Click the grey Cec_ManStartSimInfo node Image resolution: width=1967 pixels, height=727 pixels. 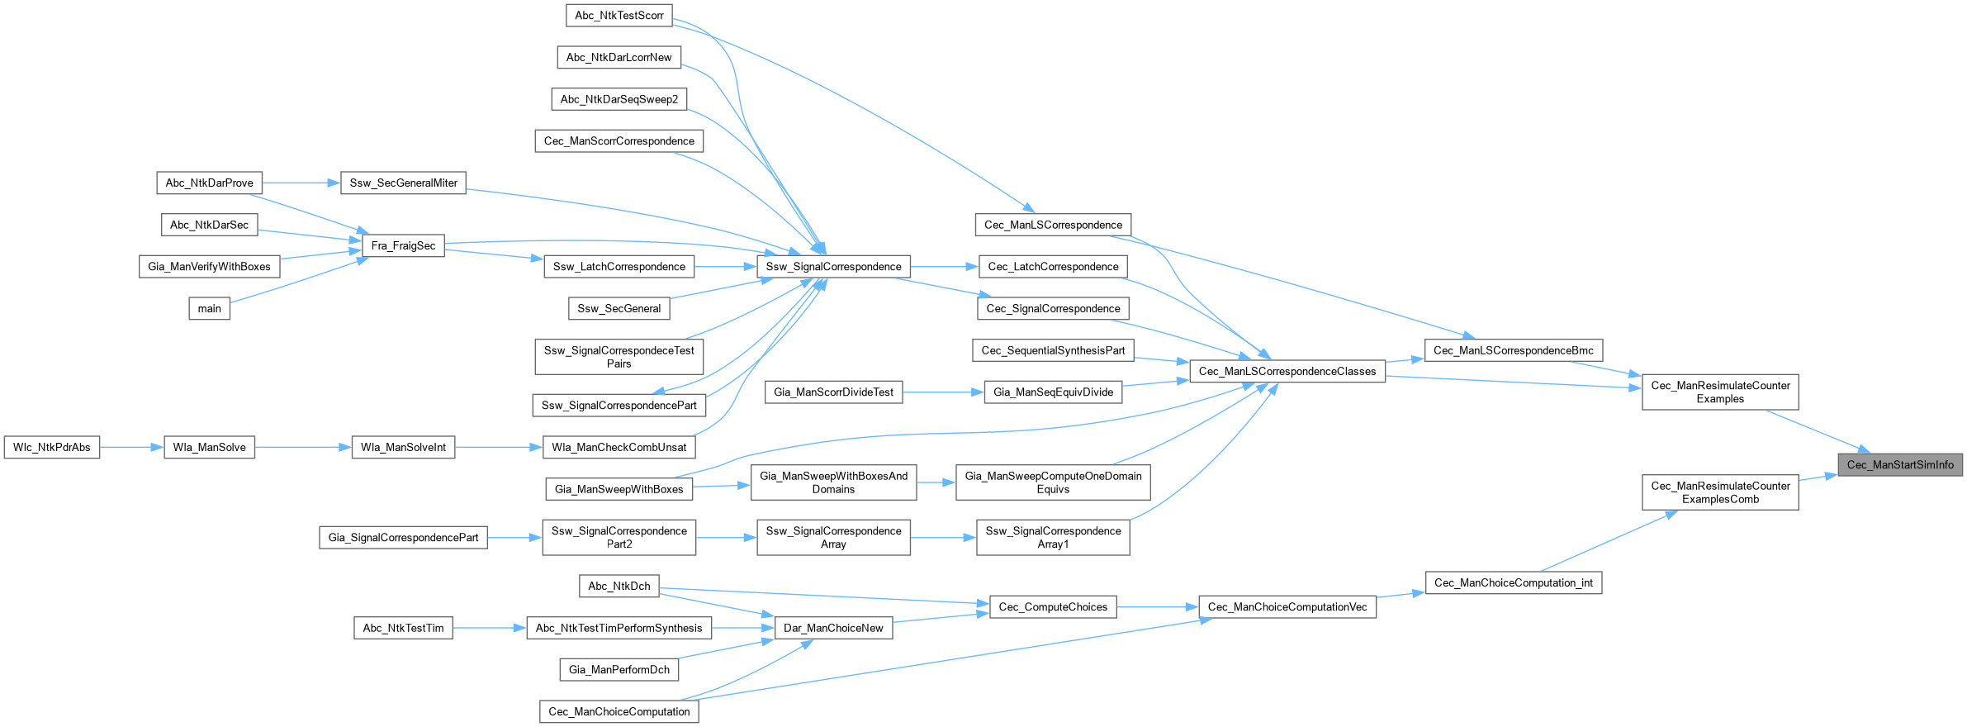[1900, 465]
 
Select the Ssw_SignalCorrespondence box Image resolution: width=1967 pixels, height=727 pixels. [833, 267]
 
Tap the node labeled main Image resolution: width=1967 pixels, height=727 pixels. [210, 309]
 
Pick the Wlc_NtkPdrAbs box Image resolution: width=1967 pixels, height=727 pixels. [52, 448]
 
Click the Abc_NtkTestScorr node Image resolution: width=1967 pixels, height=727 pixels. [619, 16]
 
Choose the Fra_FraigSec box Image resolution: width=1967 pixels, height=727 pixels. [403, 246]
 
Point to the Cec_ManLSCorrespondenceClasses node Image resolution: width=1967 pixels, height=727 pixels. [1287, 372]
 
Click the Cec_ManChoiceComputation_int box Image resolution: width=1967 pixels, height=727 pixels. [1514, 583]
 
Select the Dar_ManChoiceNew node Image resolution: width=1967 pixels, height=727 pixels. [833, 629]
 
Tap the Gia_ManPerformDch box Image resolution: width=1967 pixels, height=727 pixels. [619, 670]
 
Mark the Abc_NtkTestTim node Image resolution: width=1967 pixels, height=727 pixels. [403, 629]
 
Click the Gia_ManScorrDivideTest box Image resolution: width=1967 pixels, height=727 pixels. [833, 392]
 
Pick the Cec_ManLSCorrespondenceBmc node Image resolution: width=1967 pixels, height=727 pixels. [1514, 351]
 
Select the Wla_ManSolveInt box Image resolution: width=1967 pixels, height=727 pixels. [403, 448]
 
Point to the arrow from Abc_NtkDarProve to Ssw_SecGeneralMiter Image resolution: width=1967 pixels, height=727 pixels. [301, 183]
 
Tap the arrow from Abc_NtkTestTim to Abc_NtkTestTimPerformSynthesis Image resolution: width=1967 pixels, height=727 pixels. [490, 629]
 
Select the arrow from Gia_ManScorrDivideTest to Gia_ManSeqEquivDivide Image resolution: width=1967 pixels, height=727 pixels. [943, 392]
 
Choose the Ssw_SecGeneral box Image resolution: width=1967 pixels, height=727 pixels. [619, 309]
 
